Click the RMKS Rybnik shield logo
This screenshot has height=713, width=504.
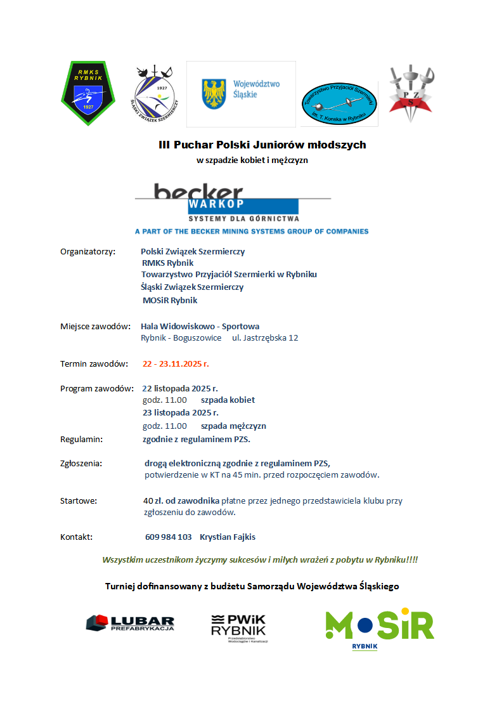(x=87, y=93)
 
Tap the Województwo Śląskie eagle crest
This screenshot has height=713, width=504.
(x=214, y=93)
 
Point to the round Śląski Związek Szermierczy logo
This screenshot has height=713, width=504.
(x=155, y=93)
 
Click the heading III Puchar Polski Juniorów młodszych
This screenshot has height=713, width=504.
(x=262, y=145)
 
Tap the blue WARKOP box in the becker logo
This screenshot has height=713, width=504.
(x=243, y=206)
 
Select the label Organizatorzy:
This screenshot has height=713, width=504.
(x=87, y=251)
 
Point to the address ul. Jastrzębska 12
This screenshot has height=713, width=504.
(x=265, y=337)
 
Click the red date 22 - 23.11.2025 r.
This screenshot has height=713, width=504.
(x=176, y=363)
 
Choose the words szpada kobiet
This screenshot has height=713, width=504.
(x=228, y=400)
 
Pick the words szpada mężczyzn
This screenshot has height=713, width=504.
(x=233, y=426)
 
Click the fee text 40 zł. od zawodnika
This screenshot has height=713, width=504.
(x=181, y=500)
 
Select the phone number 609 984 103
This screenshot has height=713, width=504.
(x=168, y=537)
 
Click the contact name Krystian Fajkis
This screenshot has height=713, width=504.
(x=228, y=537)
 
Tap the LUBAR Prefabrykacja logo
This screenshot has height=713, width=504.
(x=130, y=623)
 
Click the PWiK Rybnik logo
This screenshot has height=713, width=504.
(x=239, y=627)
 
